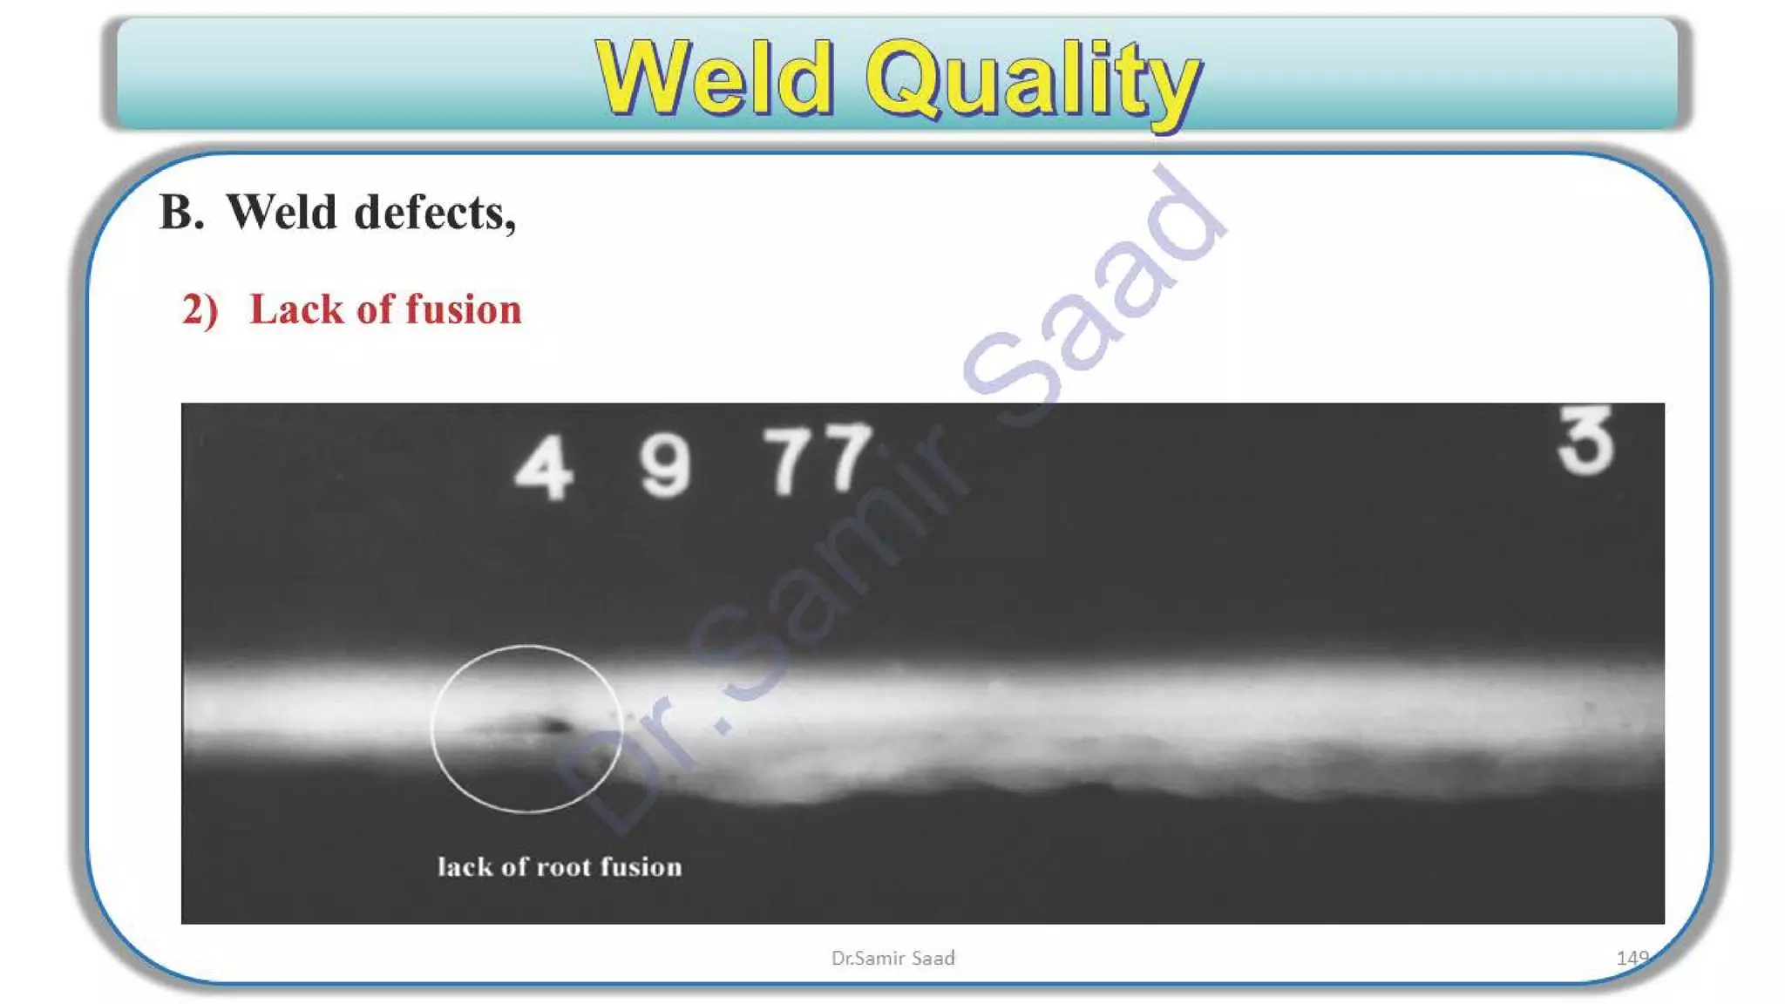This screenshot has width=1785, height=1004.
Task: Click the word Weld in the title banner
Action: [x=715, y=78]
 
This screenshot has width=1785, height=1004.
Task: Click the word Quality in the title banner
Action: [x=1034, y=80]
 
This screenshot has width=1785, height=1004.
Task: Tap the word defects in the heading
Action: [x=435, y=213]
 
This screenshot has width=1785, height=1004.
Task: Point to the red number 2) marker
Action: [x=200, y=310]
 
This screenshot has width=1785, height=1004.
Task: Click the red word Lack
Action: [x=295, y=309]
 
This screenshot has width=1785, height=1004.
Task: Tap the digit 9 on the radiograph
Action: [x=666, y=467]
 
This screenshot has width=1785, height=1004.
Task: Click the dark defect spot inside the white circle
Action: [x=553, y=725]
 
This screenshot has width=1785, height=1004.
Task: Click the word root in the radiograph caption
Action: [x=564, y=867]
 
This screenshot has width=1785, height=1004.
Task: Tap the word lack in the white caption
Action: [x=465, y=867]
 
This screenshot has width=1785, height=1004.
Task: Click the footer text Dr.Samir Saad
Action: [x=892, y=958]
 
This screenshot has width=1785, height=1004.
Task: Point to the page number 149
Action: [x=1632, y=958]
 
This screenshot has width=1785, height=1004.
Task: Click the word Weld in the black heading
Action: [x=281, y=213]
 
